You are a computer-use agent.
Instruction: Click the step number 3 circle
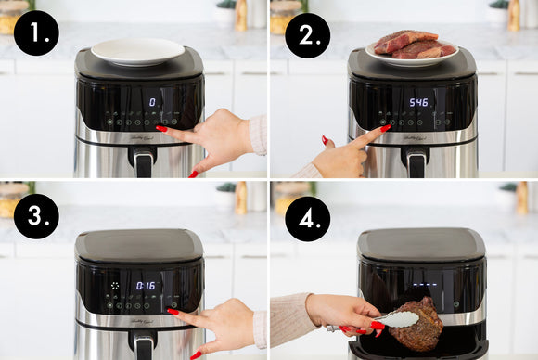36,216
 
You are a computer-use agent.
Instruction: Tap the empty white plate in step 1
137,50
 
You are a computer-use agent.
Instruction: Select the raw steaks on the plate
412,44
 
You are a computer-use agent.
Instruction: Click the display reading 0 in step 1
153,102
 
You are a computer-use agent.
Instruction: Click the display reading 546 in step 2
419,102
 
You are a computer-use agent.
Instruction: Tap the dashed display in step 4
425,285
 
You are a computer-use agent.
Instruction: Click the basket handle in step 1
142,162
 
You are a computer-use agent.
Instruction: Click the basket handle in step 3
142,345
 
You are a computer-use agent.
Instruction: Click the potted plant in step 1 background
225,11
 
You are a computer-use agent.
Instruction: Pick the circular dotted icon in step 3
115,286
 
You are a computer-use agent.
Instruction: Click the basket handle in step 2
416,162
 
